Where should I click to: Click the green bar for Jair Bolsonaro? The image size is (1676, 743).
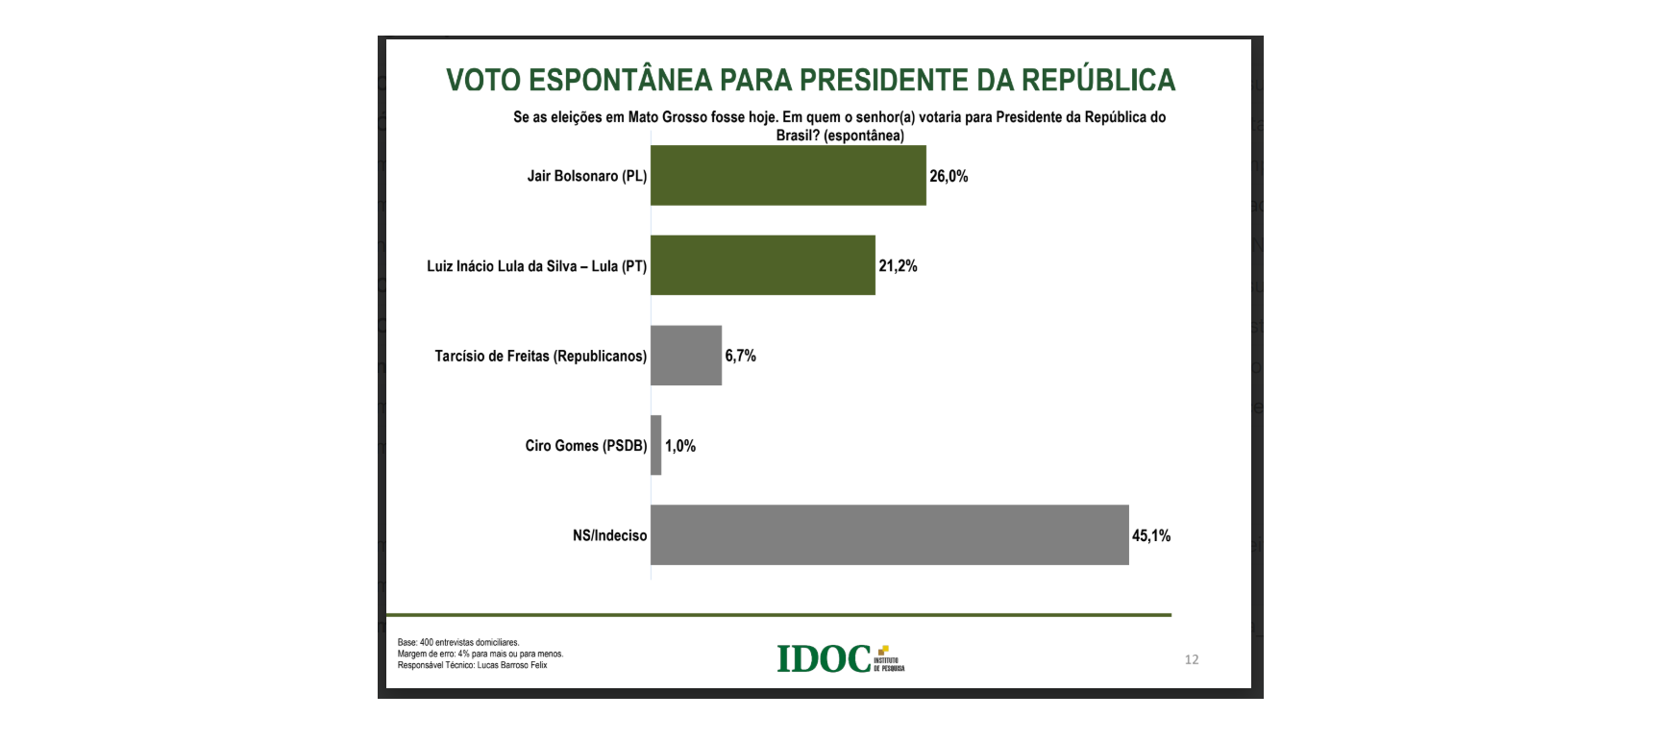pos(788,175)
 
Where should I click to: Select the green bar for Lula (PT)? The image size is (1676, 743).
pos(763,265)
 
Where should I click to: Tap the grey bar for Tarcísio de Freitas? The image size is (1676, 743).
pos(686,356)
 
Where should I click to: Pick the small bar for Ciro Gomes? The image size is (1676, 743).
pos(656,445)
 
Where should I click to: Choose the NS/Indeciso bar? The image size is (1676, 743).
pos(889,535)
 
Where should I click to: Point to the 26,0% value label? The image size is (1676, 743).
pos(949,177)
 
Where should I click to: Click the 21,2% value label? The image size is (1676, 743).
pos(898,266)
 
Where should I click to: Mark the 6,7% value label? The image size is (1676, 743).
pos(740,356)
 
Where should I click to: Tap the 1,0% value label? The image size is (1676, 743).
pos(680,446)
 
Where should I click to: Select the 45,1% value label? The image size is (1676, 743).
pos(1151,536)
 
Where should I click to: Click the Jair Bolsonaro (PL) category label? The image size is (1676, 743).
pos(586,176)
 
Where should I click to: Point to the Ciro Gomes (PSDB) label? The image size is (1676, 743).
pos(585,446)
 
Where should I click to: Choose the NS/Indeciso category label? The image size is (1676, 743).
pos(609,535)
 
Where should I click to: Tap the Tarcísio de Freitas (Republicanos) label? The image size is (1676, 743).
pos(540,357)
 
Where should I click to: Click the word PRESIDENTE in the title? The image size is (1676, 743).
pos(883,80)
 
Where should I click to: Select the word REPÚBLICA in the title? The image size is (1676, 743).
pos(1098,80)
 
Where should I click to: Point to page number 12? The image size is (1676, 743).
pos(1192,659)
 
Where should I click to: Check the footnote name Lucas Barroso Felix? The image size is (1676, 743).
pos(512,665)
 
